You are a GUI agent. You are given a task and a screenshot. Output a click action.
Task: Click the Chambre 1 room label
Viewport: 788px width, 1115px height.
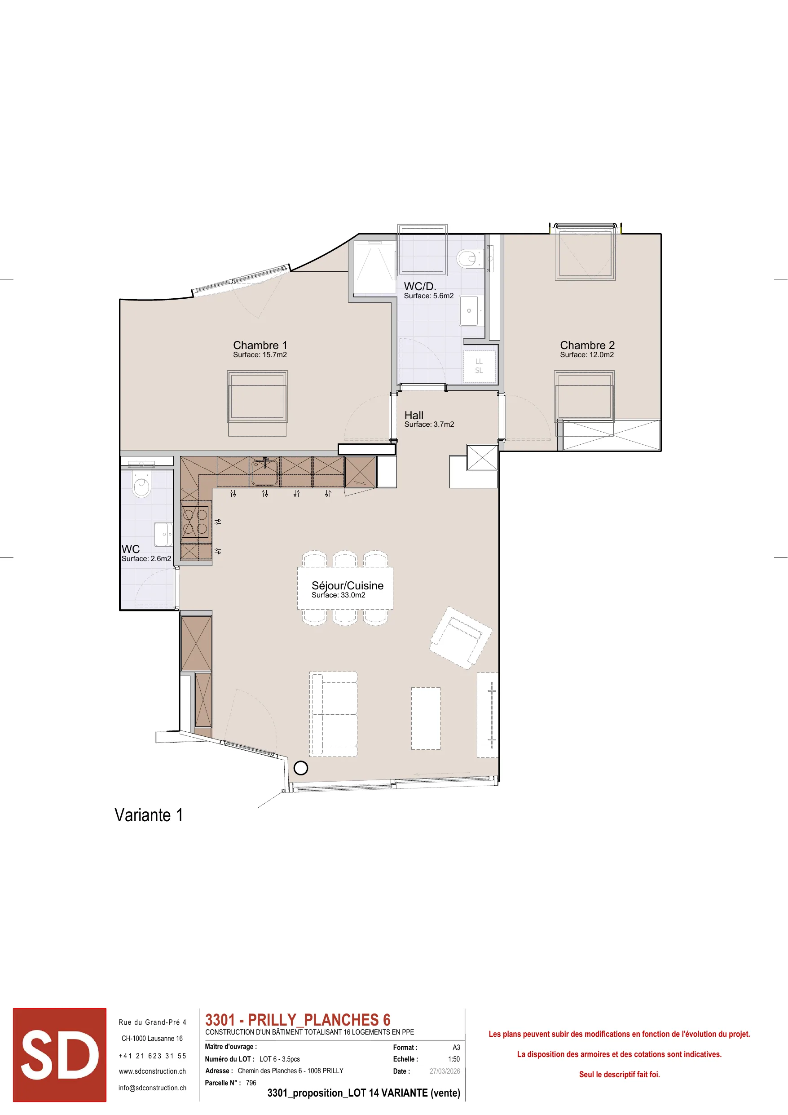pos(260,345)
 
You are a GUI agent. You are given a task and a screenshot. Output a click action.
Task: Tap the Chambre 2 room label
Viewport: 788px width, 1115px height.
pos(587,345)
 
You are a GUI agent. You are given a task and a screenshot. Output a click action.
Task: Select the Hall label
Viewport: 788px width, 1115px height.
pos(414,415)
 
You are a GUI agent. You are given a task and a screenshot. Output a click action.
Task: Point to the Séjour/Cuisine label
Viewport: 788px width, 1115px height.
pos(348,586)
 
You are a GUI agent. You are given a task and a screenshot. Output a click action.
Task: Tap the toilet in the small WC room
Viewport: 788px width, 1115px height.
pos(141,486)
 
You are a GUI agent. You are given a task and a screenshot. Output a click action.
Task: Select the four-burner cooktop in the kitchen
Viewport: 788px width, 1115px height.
pos(195,522)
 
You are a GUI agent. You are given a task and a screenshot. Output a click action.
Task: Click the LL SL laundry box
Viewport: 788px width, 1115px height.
pos(479,366)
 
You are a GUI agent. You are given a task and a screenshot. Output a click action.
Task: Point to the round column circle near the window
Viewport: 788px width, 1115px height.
pos(301,768)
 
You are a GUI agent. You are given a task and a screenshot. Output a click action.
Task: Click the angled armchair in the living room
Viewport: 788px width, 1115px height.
pos(461,638)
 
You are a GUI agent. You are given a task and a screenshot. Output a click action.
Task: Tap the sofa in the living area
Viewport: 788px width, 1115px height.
pos(334,714)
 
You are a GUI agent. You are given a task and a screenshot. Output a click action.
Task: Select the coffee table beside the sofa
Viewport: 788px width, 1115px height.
pos(426,718)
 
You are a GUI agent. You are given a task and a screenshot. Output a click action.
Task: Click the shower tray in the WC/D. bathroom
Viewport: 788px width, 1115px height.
pos(375,268)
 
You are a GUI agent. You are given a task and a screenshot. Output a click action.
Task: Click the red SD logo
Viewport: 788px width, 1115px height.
pos(60,1054)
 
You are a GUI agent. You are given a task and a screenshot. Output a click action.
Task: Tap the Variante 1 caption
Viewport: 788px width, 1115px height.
pos(149,815)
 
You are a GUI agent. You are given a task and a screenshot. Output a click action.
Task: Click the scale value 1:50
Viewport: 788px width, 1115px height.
pos(454,1059)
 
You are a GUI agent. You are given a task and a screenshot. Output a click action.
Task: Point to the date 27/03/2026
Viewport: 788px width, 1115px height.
pos(445,1071)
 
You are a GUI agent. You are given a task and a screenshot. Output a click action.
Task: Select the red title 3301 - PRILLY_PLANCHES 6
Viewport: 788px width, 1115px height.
pos(298,1019)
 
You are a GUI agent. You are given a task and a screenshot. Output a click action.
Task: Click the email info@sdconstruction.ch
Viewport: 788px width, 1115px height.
pos(153,1088)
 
